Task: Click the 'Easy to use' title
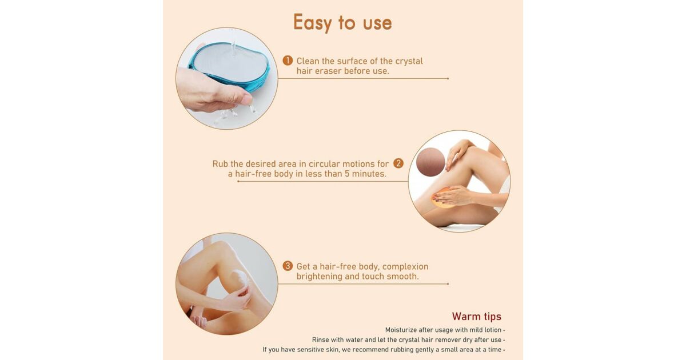(x=342, y=22)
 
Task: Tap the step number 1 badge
(x=288, y=61)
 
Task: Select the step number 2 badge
(x=398, y=163)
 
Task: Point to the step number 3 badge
(x=288, y=266)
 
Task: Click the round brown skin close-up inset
(x=430, y=162)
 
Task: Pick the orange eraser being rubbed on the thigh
(x=442, y=198)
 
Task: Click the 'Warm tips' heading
(x=477, y=316)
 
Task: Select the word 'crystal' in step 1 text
(x=409, y=61)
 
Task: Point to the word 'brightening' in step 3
(x=319, y=277)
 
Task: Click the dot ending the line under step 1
(x=448, y=79)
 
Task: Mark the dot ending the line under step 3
(x=448, y=284)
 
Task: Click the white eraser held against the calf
(x=241, y=280)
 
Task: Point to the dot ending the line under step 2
(x=238, y=182)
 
